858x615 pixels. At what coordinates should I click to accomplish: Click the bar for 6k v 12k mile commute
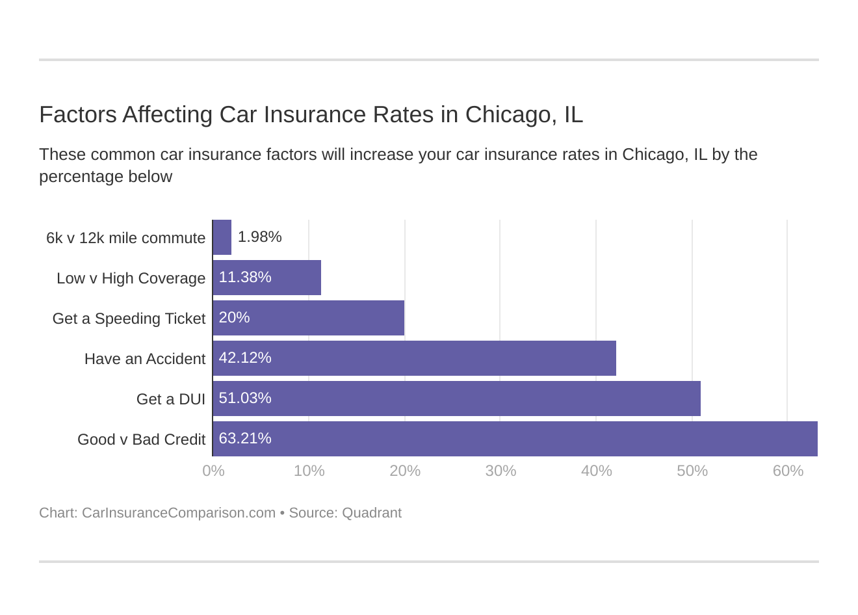point(222,237)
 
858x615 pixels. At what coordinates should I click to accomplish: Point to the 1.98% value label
point(259,237)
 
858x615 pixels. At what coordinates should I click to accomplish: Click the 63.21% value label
point(245,438)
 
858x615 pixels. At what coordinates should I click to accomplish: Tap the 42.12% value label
point(245,358)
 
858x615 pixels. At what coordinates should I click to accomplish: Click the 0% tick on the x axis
point(213,471)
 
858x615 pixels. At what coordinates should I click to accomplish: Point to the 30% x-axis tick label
point(500,471)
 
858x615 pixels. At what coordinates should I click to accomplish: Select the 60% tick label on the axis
point(788,471)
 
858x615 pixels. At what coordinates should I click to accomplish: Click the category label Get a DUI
point(170,399)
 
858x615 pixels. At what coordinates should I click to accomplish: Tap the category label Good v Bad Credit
point(141,439)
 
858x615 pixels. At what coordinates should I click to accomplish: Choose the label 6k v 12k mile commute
point(125,238)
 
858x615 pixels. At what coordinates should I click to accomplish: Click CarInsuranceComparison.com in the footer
point(178,513)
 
